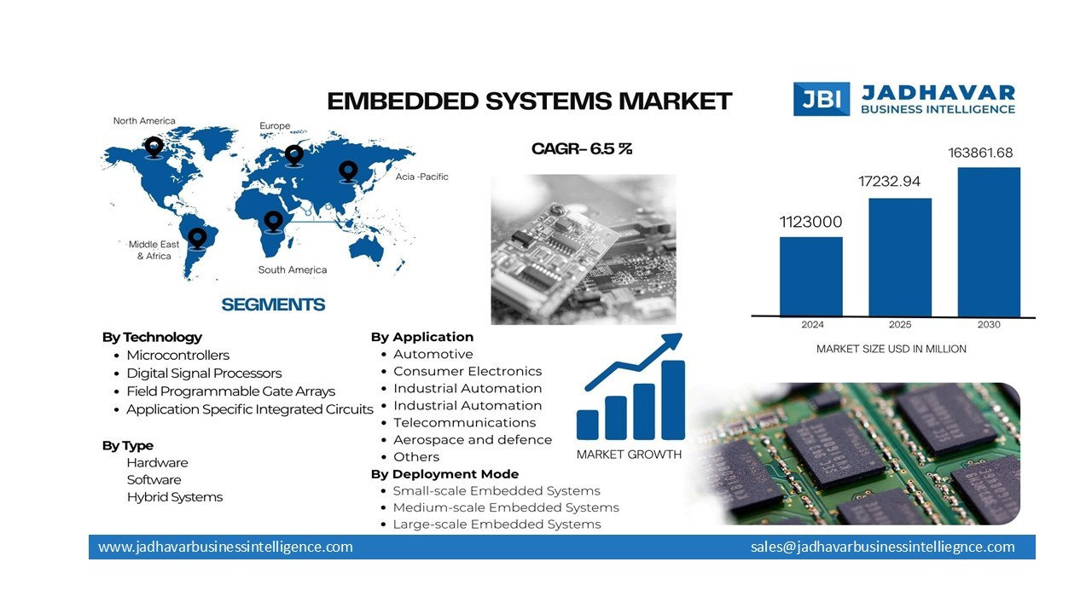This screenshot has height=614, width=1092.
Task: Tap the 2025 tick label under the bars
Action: [x=900, y=325]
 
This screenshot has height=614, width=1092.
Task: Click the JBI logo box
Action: [x=822, y=99]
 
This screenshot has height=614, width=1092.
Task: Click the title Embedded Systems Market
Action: [x=530, y=101]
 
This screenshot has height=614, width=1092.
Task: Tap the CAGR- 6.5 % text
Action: [x=582, y=149]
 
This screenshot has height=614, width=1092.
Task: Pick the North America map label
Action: [x=144, y=121]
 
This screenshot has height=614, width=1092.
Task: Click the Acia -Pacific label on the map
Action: [x=421, y=177]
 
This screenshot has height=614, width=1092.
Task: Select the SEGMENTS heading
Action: [x=273, y=304]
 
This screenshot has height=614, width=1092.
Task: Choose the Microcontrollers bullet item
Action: [x=177, y=355]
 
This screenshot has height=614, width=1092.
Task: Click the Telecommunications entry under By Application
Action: [x=464, y=422]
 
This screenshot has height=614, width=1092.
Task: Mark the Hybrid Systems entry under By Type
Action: [x=174, y=496]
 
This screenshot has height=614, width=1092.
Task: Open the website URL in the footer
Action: [x=225, y=547]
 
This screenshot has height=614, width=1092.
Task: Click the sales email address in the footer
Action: [x=882, y=547]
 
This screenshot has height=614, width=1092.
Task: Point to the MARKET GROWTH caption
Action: [x=629, y=454]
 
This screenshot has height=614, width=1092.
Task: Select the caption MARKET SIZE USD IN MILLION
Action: [x=891, y=349]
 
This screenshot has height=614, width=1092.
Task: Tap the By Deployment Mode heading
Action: [x=444, y=473]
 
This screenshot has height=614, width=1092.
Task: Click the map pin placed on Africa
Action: [x=273, y=221]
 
